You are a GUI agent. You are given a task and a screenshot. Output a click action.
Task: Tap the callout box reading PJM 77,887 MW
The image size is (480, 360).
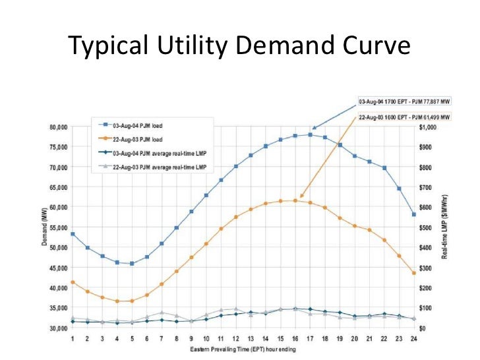coord(404,102)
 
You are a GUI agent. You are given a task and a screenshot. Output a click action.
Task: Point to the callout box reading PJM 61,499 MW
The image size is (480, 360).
coord(404,117)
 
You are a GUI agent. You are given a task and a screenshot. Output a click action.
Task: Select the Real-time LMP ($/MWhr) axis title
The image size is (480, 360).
coord(454,227)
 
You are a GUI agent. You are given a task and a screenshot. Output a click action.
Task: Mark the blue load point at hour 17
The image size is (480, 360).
coord(310,135)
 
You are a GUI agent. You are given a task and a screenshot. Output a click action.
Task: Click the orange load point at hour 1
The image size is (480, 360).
coord(73,282)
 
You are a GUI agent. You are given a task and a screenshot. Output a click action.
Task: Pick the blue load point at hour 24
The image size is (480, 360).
coord(413,215)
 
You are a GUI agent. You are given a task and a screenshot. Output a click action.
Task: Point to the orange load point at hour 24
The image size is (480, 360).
coord(413,273)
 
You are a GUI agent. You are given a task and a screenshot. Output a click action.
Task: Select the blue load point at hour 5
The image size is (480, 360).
coord(132,263)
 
